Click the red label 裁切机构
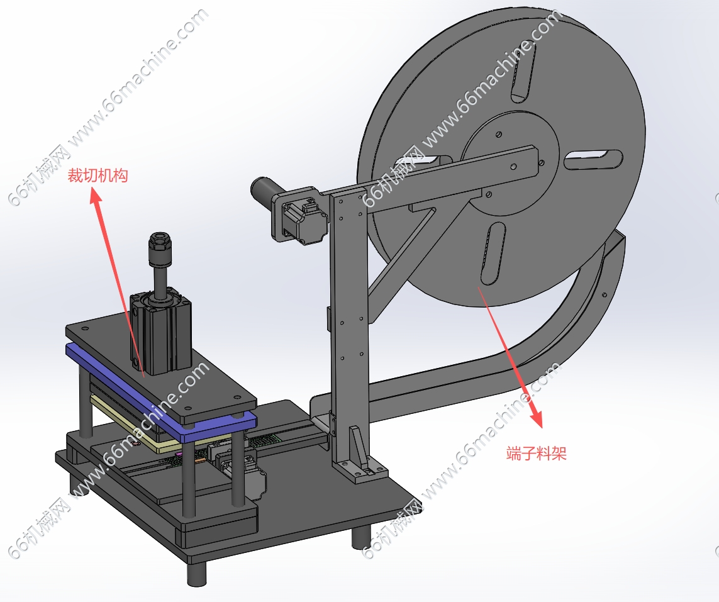point(98,176)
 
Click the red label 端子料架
point(537,454)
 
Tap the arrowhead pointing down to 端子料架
point(536,418)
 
